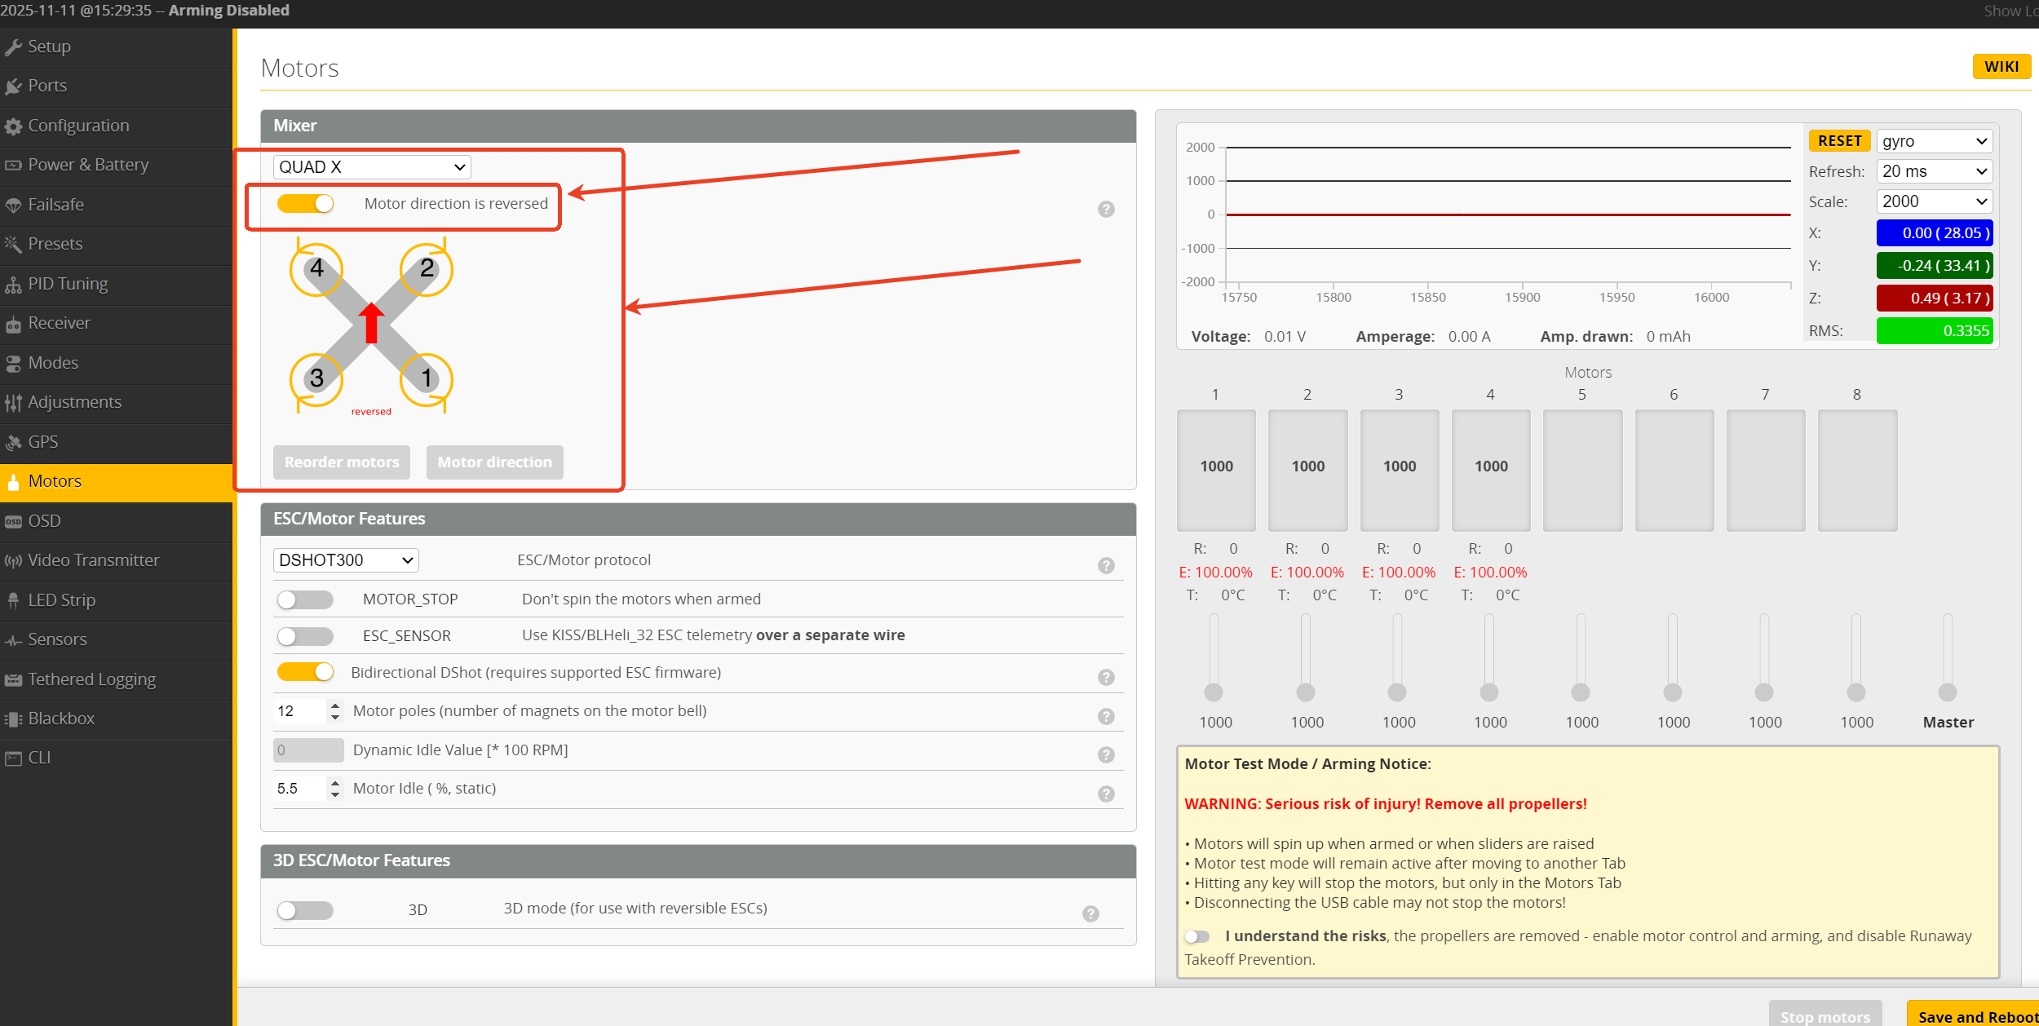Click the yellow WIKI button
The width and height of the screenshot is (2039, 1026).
click(x=2001, y=66)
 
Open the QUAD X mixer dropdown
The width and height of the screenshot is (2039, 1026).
click(x=372, y=167)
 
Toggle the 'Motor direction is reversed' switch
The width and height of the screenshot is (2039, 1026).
click(x=305, y=203)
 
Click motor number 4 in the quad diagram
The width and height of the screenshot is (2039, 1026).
click(x=316, y=268)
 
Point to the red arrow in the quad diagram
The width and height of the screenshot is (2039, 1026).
click(x=371, y=323)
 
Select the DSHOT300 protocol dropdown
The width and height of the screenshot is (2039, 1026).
click(x=346, y=560)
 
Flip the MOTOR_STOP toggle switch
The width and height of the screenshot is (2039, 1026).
click(x=305, y=599)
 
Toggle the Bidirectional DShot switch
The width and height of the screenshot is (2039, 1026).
click(x=305, y=672)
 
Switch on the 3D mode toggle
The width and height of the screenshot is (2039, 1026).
click(x=305, y=910)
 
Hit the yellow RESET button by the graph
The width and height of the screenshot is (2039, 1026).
click(x=1839, y=141)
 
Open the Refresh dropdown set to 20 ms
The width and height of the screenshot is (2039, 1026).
click(x=1935, y=171)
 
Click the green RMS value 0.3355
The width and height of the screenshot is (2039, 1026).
click(x=1935, y=330)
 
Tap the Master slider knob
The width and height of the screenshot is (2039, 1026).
click(x=1948, y=692)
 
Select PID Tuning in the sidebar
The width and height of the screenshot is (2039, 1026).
click(x=69, y=284)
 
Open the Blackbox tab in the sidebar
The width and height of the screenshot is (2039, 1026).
click(x=62, y=719)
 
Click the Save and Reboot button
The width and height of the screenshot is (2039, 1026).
click(x=1974, y=1015)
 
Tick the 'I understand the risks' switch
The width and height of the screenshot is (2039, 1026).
click(x=1197, y=936)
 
